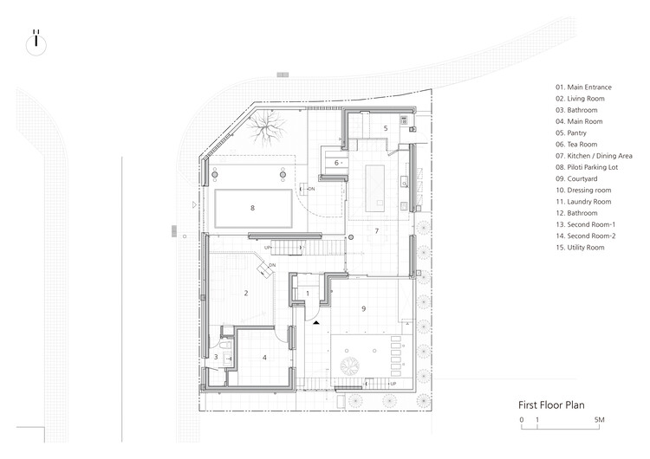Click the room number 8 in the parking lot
click(x=252, y=208)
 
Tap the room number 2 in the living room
click(x=246, y=294)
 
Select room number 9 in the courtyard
click(x=364, y=308)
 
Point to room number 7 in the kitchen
click(x=376, y=230)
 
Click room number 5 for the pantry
click(x=386, y=128)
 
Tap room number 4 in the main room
click(x=264, y=357)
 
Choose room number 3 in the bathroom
click(x=216, y=357)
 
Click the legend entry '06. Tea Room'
click(x=580, y=157)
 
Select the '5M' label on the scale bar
click(x=599, y=420)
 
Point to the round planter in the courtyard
click(x=352, y=367)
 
